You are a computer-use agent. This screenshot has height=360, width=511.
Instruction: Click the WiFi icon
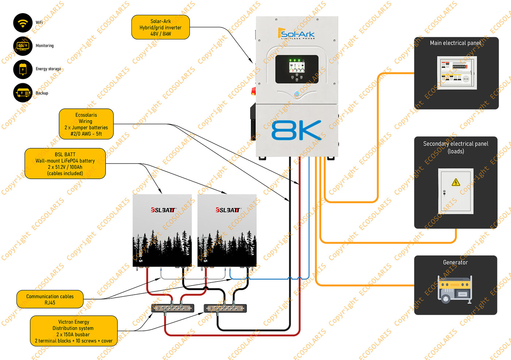[23, 23]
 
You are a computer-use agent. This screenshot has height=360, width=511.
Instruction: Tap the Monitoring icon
[23, 46]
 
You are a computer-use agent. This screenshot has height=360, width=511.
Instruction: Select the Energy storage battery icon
[23, 69]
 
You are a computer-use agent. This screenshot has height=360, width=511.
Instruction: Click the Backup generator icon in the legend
[23, 93]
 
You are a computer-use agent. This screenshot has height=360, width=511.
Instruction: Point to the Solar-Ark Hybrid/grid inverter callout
[160, 27]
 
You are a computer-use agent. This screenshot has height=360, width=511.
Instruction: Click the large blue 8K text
[296, 130]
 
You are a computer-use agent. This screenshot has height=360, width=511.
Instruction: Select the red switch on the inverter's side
[253, 91]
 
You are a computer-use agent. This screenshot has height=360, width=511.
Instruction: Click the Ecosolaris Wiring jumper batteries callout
[86, 124]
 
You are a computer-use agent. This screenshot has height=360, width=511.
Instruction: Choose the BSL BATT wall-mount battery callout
[65, 164]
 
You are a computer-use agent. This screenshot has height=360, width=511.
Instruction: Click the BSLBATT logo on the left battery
[163, 210]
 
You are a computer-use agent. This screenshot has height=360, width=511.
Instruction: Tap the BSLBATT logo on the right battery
[228, 210]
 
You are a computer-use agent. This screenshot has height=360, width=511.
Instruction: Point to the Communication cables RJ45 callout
[50, 299]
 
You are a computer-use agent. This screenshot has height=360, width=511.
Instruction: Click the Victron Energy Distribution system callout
[73, 331]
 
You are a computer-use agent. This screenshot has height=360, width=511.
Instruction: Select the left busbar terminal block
[173, 309]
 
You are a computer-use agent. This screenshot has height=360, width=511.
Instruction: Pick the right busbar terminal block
[225, 309]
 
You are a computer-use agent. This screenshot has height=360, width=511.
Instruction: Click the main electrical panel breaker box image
[457, 73]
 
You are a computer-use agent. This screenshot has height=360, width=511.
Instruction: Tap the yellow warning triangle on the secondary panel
[456, 182]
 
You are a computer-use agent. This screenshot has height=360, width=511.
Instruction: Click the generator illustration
[455, 289]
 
